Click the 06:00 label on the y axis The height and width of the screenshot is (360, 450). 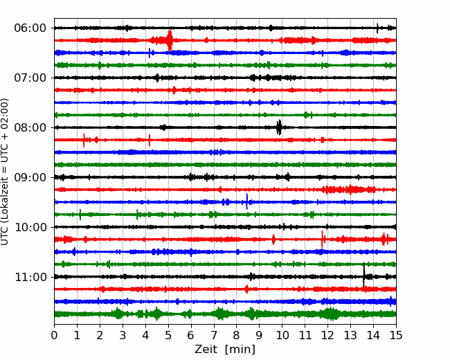point(30,28)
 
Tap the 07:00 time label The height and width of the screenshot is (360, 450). point(30,78)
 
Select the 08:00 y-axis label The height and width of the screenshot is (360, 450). point(30,127)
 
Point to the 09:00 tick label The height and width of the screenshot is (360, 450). point(30,177)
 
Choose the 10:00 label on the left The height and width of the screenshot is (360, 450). point(30,227)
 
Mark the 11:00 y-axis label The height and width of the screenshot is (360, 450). point(30,277)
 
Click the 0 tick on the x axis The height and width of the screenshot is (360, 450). point(54,335)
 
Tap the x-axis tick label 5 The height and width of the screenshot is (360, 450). point(168,335)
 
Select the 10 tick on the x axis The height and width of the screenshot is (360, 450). point(282,335)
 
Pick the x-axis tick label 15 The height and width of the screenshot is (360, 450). point(396,335)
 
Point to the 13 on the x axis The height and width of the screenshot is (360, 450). point(350,335)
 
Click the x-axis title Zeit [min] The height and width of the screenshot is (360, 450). point(225,350)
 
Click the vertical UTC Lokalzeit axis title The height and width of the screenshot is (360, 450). point(5,172)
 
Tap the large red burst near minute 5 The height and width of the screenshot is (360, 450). point(170,40)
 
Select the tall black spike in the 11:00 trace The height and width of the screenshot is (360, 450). point(364,275)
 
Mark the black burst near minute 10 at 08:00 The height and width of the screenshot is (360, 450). point(279,127)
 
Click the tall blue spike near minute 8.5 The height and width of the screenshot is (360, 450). point(247,201)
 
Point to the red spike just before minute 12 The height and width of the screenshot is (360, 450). point(323,239)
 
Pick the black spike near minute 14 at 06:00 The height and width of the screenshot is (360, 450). point(377,28)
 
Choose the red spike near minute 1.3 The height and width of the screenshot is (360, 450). point(84,140)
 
